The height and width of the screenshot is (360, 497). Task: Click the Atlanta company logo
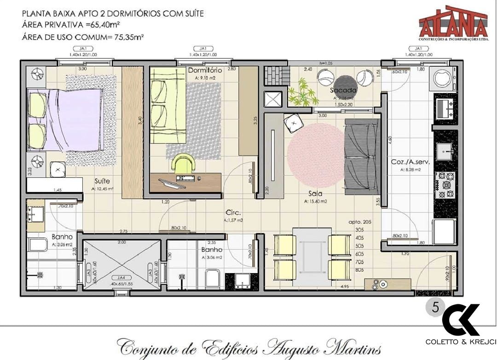click(x=453, y=23)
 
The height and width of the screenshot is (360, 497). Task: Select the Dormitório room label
click(x=205, y=70)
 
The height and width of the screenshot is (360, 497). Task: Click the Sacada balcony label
click(x=343, y=90)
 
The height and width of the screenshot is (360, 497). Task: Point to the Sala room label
click(x=315, y=194)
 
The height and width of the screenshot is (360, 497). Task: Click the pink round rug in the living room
click(x=316, y=155)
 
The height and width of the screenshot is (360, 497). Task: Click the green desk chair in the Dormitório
click(x=184, y=164)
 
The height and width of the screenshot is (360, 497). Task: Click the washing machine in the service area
click(x=444, y=80)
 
